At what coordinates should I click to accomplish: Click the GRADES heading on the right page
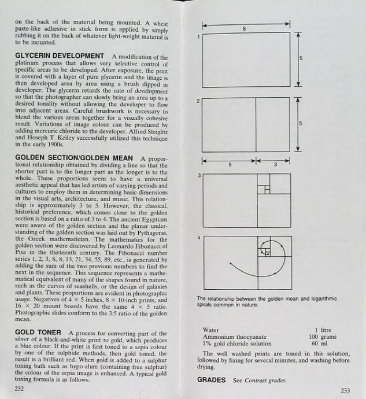coord(212,380)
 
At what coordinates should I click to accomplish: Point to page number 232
coord(19,389)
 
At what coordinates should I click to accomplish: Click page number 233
coord(346,390)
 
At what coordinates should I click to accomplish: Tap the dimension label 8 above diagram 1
coord(245,28)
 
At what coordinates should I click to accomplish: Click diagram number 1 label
coord(198,37)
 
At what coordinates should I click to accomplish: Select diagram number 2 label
coord(198,101)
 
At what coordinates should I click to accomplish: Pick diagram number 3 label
coord(198,175)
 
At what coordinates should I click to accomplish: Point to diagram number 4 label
coord(198,238)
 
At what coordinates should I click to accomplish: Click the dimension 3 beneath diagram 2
coord(275,165)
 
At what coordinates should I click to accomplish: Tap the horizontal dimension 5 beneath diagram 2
coord(230,165)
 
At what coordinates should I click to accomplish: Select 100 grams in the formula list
coord(322,337)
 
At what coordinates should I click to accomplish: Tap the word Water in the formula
coord(211,330)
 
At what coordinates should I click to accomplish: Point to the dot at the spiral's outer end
coord(230,263)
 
